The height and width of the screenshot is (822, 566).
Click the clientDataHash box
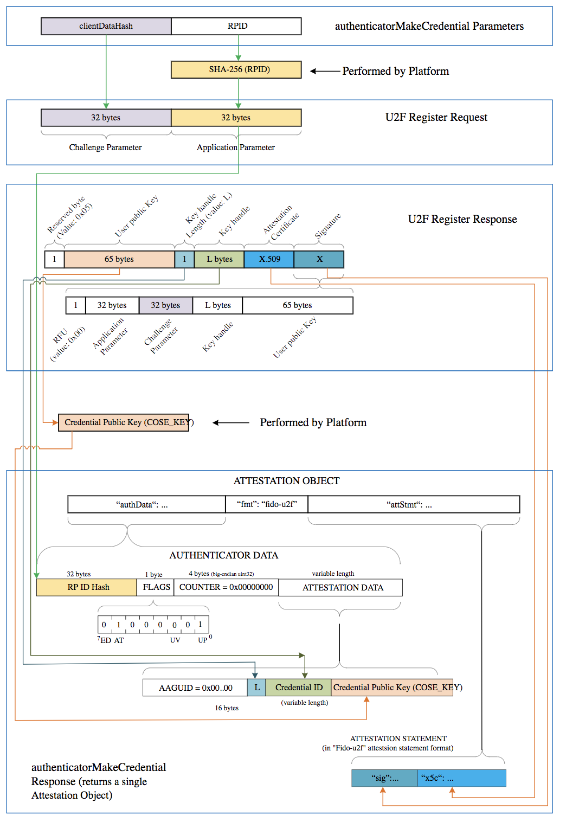pos(106,26)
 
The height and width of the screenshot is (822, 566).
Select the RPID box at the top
pos(236,26)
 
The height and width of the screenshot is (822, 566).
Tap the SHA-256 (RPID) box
pos(236,69)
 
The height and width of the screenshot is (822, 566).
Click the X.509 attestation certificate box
pos(269,259)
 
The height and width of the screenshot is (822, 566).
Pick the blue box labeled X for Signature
pos(319,259)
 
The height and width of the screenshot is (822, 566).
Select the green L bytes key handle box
pos(219,259)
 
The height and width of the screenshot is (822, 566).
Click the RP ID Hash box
pos(87,587)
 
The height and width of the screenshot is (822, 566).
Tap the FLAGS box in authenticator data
pos(156,587)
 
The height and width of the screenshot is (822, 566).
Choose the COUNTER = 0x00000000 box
pos(226,587)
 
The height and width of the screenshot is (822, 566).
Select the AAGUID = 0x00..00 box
pos(195,688)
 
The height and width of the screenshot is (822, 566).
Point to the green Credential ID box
pos(299,688)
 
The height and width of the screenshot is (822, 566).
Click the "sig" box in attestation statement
pos(384,778)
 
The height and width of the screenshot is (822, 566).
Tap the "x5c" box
pos(461,778)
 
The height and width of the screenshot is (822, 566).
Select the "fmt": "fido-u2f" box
pos(267,504)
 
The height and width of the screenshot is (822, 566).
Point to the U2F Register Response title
pos(462,219)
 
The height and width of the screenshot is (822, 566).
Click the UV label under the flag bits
pos(175,640)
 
